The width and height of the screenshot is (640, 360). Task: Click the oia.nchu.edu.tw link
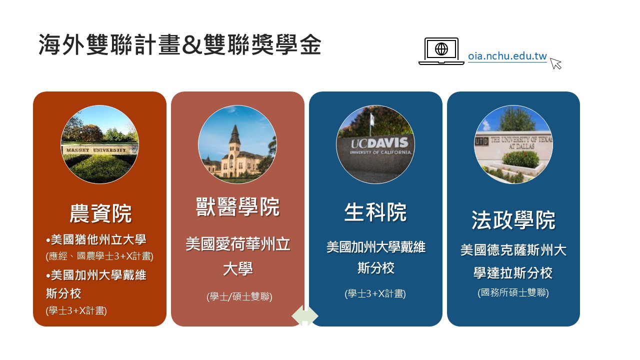tap(507, 56)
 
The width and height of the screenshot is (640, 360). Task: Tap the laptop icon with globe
tap(441, 51)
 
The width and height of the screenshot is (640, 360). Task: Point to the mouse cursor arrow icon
tap(555, 63)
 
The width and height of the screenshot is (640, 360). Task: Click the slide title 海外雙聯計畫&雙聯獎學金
tap(180, 44)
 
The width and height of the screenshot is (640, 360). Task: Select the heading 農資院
tap(100, 213)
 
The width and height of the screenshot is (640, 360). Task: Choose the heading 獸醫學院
tap(237, 206)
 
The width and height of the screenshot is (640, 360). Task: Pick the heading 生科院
tap(375, 212)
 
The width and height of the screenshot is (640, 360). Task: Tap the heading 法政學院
tap(513, 220)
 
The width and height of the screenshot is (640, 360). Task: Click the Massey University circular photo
tap(99, 144)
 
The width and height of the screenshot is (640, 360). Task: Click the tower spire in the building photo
tap(235, 133)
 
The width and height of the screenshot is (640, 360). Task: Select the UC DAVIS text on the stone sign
tap(379, 143)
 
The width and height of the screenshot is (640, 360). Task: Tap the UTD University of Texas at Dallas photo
tap(513, 144)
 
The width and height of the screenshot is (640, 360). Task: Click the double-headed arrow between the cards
tap(305, 316)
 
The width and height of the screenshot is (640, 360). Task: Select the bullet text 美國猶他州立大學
tap(96, 239)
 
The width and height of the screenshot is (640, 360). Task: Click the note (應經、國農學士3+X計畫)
tap(99, 255)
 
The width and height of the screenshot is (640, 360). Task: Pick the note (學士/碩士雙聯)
tap(239, 296)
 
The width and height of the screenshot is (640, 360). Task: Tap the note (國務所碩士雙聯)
tap(513, 292)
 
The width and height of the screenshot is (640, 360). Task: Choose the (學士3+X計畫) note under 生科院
tap(375, 293)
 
